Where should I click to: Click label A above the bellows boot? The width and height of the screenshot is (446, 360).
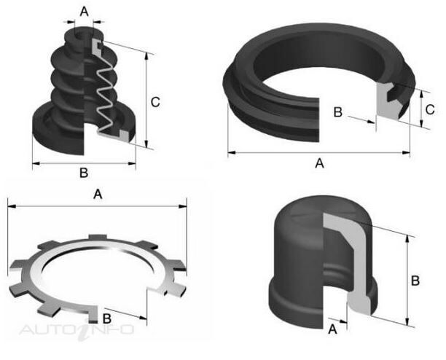(x=85, y=12)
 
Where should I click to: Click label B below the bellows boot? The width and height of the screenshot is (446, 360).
(x=84, y=173)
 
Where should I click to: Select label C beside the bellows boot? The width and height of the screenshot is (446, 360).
(x=155, y=102)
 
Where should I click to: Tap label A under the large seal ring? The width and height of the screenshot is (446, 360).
(x=320, y=163)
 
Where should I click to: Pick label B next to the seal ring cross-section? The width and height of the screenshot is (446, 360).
(x=337, y=112)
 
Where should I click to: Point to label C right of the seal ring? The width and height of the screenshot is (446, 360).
(x=430, y=110)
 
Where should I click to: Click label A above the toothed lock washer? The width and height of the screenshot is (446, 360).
(x=98, y=195)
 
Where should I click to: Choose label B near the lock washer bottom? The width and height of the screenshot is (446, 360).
(x=106, y=318)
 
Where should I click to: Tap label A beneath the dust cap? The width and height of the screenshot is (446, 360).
(x=332, y=329)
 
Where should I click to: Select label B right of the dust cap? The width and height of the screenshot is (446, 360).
(x=415, y=281)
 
